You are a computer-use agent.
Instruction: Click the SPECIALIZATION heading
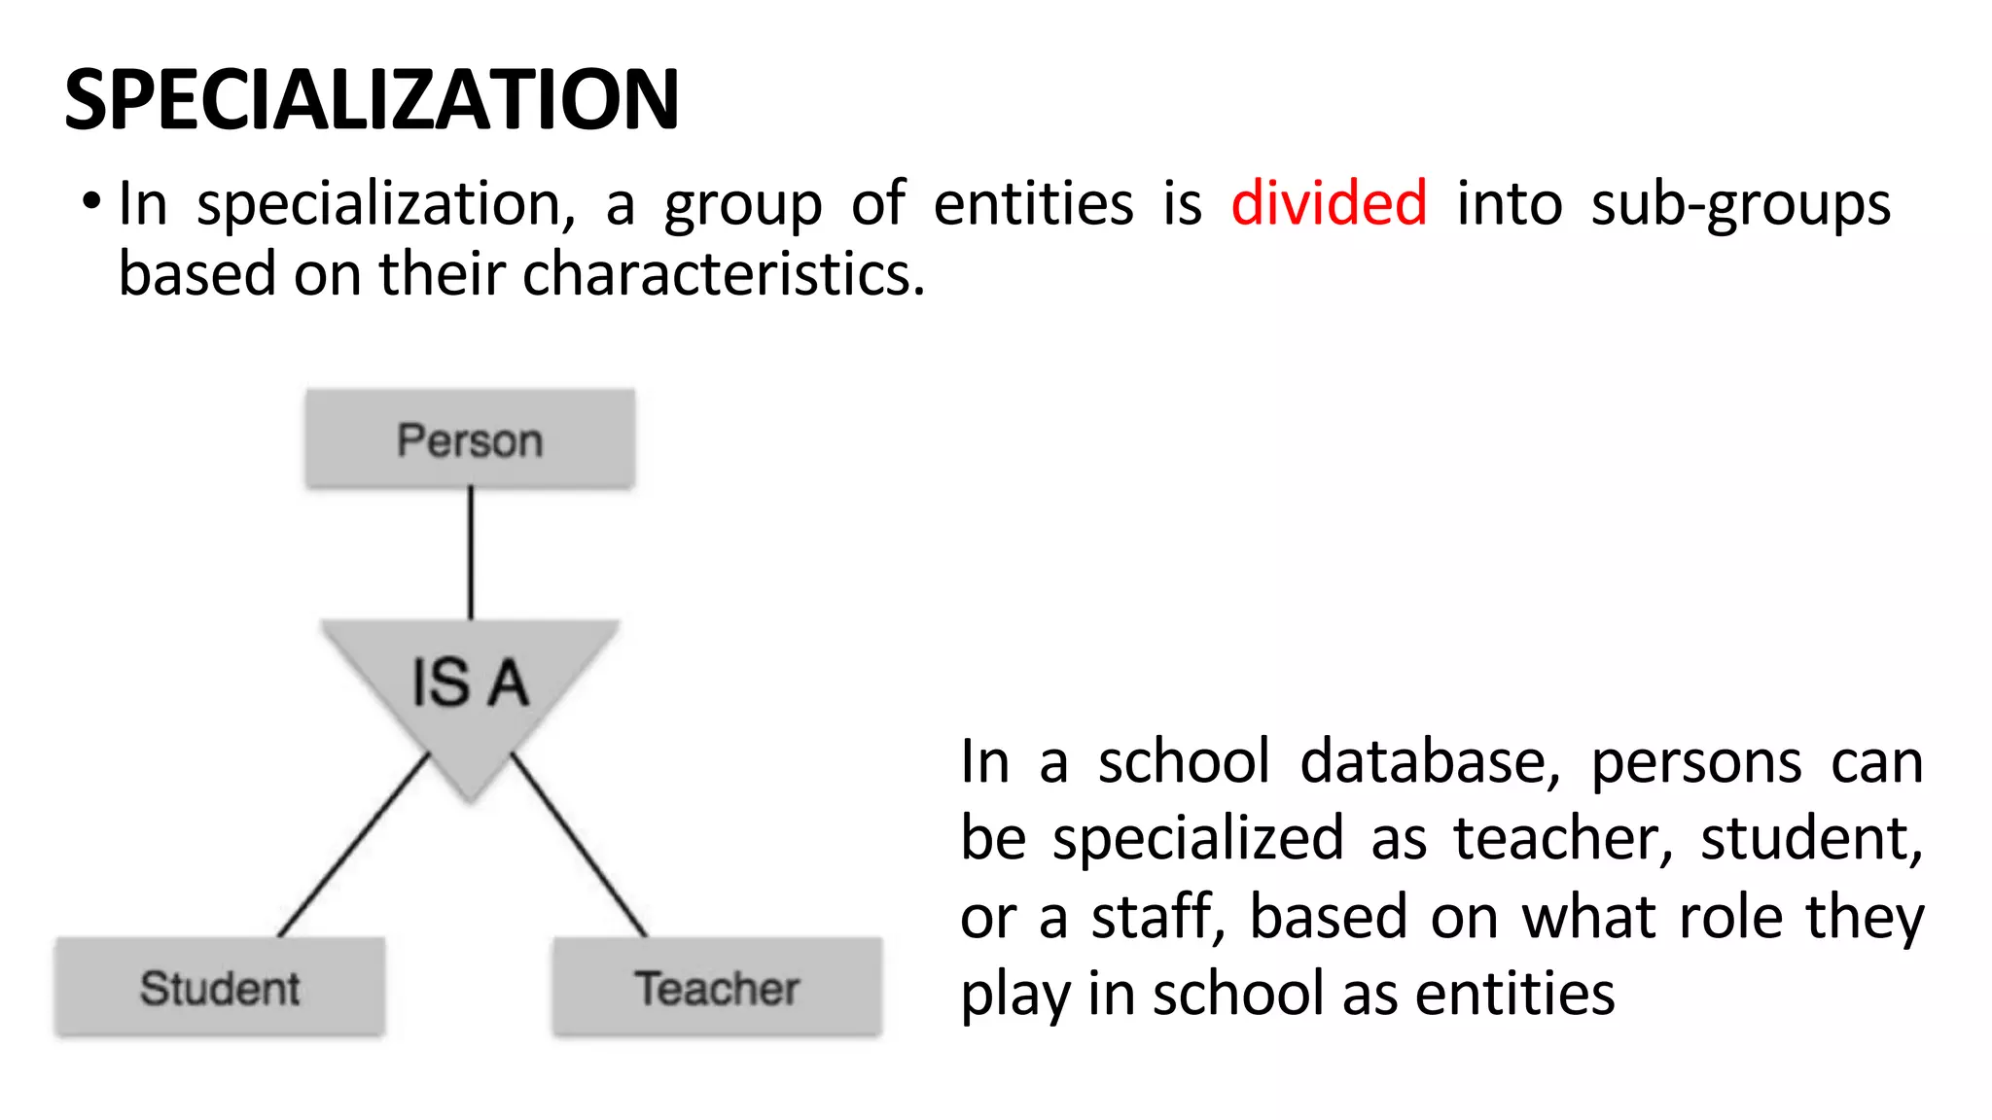(372, 99)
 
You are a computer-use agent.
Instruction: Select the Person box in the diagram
(470, 439)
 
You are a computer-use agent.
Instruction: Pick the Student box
(220, 988)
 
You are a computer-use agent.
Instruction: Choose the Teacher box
(717, 988)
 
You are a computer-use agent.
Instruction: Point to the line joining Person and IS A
(471, 552)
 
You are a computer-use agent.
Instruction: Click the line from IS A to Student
(353, 845)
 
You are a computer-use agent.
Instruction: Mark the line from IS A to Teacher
(580, 845)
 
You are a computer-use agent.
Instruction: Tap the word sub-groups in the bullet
(1740, 205)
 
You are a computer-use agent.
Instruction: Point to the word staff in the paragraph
(1156, 917)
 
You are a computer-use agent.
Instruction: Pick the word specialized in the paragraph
(1197, 839)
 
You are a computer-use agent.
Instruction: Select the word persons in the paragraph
(1696, 763)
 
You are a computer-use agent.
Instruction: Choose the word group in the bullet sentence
(742, 206)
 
